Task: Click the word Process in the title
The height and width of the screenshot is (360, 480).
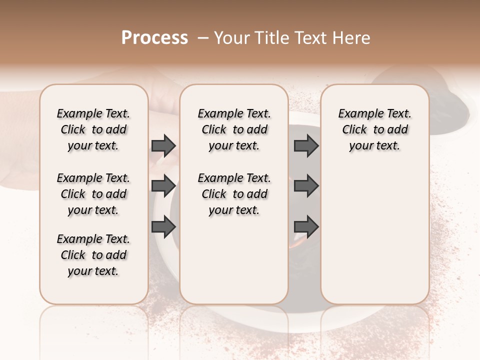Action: pos(154,38)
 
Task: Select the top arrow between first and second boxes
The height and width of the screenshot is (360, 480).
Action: pos(163,146)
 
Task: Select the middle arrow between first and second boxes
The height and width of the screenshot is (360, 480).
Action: pos(163,186)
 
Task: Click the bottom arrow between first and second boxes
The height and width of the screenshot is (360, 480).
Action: pos(163,227)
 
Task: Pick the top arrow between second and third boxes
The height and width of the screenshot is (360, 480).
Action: pos(306,146)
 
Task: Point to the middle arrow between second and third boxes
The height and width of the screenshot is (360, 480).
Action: pos(306,186)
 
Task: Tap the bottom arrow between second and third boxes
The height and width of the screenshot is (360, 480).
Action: pos(306,227)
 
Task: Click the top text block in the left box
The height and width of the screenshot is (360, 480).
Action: pos(93,129)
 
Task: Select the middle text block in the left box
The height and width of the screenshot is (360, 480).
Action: pos(93,194)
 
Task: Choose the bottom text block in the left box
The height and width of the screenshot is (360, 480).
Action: pos(93,255)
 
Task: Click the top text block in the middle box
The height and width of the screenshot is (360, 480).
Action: pos(234,129)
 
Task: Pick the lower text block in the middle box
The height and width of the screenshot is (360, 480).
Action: pos(234,194)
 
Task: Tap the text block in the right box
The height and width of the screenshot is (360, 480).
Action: pos(375,129)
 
